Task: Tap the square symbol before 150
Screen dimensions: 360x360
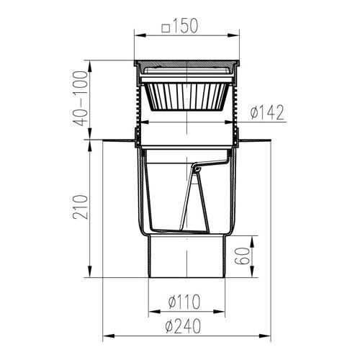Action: click(166, 27)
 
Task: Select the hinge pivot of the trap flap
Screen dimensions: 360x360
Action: click(195, 170)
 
